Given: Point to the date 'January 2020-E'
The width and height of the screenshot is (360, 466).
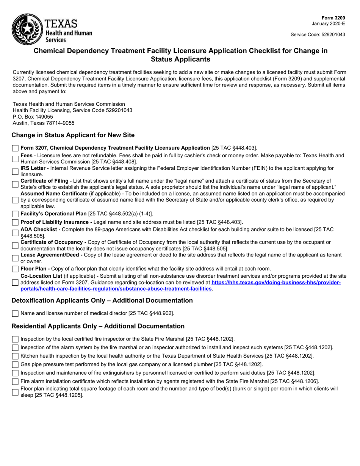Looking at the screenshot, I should click(329, 23).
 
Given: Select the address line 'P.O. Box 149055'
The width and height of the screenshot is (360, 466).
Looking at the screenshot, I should click(33, 117).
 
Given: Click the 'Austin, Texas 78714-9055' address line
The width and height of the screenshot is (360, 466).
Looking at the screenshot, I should click(44, 123).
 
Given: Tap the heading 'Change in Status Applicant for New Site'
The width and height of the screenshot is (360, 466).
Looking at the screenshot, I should click(73, 135).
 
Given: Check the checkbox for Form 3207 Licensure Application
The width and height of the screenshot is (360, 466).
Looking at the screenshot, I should click(15, 148).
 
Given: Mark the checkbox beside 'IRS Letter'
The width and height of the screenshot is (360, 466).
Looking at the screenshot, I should click(15, 172).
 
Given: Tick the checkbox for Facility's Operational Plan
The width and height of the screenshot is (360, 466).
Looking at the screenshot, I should click(15, 214).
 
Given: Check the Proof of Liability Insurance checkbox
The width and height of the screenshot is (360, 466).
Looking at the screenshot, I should click(15, 222).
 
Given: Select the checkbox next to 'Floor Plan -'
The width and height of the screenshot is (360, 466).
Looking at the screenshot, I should click(15, 269).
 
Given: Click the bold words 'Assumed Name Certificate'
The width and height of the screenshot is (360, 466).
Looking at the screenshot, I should click(54, 194).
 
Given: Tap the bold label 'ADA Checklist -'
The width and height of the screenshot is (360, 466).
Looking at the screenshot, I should click(41, 229).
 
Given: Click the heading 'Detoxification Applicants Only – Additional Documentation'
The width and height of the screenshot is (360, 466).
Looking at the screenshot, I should click(102, 300).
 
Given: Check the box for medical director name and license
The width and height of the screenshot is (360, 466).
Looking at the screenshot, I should click(15, 313).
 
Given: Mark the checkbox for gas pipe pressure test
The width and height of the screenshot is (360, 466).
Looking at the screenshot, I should click(15, 364).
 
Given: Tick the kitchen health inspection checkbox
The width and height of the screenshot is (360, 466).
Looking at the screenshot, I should click(15, 356).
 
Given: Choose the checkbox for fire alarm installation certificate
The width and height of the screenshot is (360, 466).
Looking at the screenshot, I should click(15, 382).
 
